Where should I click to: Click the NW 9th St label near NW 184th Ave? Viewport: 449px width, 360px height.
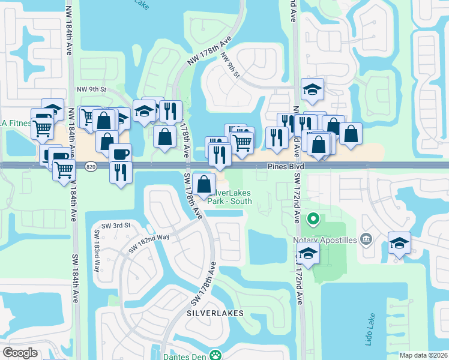click(91, 89)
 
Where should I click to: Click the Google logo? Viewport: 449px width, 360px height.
click(20, 353)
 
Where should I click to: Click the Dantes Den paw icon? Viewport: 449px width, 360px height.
click(215, 355)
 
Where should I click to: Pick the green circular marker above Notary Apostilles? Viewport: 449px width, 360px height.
click(312, 218)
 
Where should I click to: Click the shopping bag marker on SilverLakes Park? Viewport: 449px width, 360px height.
click(204, 184)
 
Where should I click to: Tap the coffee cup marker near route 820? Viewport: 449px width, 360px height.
click(120, 154)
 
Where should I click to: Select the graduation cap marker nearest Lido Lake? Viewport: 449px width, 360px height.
click(399, 242)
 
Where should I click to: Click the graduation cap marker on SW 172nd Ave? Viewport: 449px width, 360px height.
click(308, 253)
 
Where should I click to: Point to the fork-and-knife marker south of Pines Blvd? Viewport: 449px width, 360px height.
click(121, 172)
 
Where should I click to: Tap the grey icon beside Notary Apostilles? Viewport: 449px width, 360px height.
click(367, 240)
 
